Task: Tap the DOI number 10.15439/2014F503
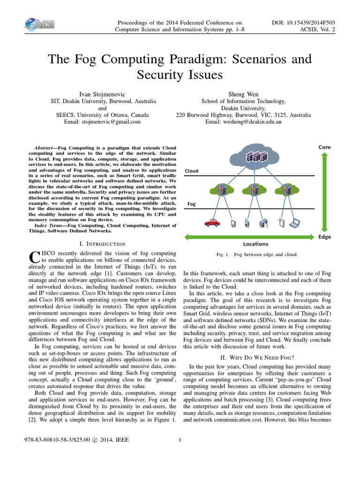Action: pyautogui.click(x=309, y=22)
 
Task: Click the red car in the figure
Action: pyautogui.click(x=213, y=223)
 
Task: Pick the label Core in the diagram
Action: pyautogui.click(x=324, y=147)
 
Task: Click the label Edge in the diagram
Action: pyautogui.click(x=324, y=237)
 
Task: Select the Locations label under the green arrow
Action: pyautogui.click(x=255, y=244)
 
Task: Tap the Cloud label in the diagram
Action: pyautogui.click(x=192, y=171)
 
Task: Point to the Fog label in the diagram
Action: pyautogui.click(x=191, y=204)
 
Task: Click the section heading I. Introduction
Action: pyautogui.click(x=103, y=244)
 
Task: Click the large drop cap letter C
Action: pyautogui.click(x=33, y=257)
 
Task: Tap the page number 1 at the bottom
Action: pyautogui.click(x=180, y=440)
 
